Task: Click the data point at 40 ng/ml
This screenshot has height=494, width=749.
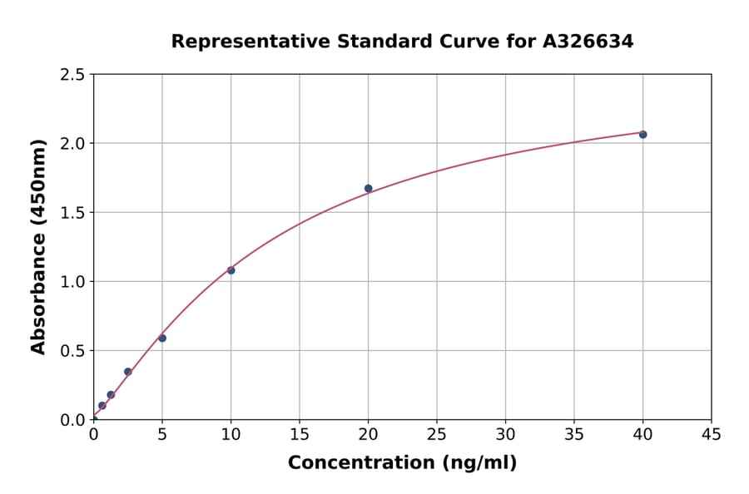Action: pyautogui.click(x=642, y=134)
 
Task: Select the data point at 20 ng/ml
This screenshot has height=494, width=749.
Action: pyautogui.click(x=368, y=188)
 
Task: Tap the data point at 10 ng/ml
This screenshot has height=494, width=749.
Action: pyautogui.click(x=231, y=270)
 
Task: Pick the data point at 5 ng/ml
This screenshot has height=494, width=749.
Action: pyautogui.click(x=162, y=338)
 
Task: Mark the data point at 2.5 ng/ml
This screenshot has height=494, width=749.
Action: pyautogui.click(x=127, y=372)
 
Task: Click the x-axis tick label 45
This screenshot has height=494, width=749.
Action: pyautogui.click(x=712, y=434)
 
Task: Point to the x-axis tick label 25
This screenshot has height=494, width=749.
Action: pyautogui.click(x=437, y=434)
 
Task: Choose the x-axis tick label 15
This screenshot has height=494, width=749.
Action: pyautogui.click(x=300, y=434)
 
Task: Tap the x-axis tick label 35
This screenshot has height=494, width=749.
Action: pyautogui.click(x=574, y=434)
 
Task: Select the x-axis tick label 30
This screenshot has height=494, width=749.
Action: pyautogui.click(x=505, y=434)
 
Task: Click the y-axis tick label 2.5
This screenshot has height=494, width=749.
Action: pyautogui.click(x=73, y=75)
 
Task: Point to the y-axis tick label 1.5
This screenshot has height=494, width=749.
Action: pyautogui.click(x=73, y=213)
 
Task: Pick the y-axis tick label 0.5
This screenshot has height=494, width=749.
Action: pyautogui.click(x=73, y=351)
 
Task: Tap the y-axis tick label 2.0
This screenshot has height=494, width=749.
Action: pyautogui.click(x=73, y=144)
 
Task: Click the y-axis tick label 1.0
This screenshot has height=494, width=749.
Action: pyautogui.click(x=73, y=282)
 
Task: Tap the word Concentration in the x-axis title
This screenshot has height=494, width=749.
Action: pyautogui.click(x=357, y=462)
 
